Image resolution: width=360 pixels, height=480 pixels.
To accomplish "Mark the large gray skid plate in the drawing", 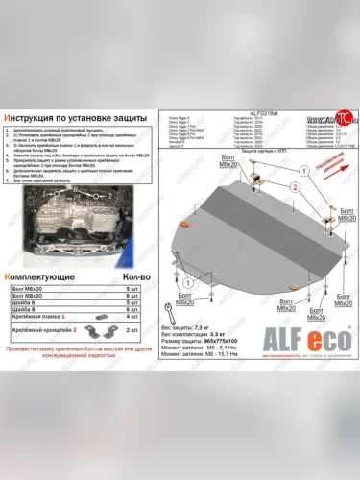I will coord(245,240).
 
